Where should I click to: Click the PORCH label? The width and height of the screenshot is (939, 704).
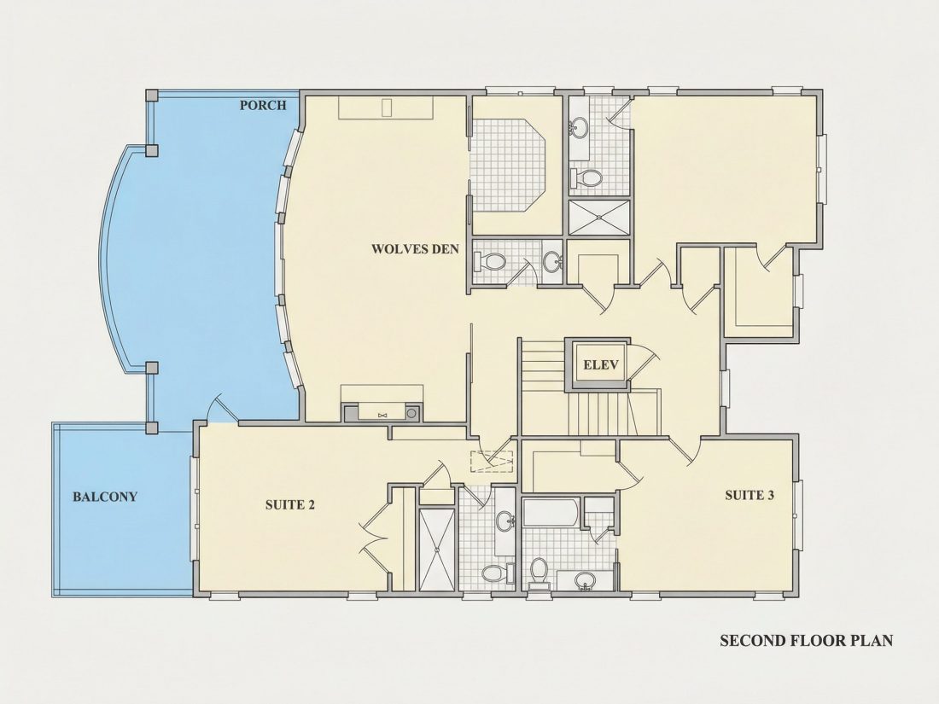pyautogui.click(x=263, y=105)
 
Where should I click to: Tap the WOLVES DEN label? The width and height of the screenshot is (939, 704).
pyautogui.click(x=415, y=248)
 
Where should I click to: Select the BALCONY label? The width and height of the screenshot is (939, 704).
pyautogui.click(x=105, y=497)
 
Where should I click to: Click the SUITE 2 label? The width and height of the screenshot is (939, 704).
pyautogui.click(x=290, y=504)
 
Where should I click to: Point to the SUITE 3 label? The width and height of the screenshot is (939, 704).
pyautogui.click(x=749, y=495)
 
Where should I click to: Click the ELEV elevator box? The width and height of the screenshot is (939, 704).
pyautogui.click(x=600, y=364)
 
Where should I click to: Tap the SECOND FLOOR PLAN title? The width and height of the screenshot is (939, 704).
pyautogui.click(x=806, y=641)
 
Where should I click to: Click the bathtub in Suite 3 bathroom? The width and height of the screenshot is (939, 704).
pyautogui.click(x=551, y=514)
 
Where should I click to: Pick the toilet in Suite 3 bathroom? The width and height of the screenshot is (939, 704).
pyautogui.click(x=539, y=571)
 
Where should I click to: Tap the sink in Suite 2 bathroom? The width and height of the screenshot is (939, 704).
pyautogui.click(x=506, y=520)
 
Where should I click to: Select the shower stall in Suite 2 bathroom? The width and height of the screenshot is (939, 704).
pyautogui.click(x=436, y=550)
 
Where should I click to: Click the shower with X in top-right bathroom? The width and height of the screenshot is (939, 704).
pyautogui.click(x=599, y=217)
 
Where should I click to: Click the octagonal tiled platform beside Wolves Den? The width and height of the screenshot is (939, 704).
pyautogui.click(x=509, y=165)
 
